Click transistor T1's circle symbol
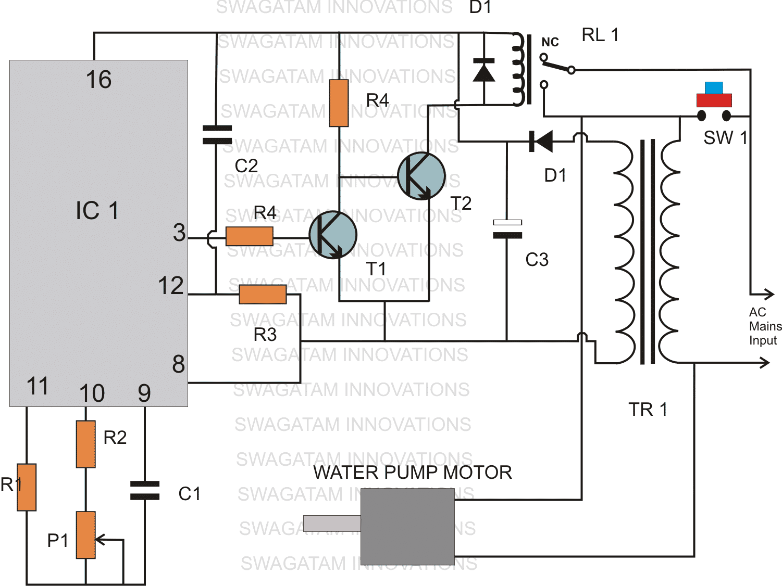(x=332, y=235)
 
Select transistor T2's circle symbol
(x=421, y=176)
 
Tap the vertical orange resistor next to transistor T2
(x=339, y=103)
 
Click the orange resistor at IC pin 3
(x=249, y=236)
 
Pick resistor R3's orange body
(x=263, y=294)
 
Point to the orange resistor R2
(x=85, y=444)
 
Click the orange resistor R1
(x=27, y=487)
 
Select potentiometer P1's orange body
(x=85, y=535)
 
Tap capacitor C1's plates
(x=145, y=490)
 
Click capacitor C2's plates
(x=217, y=134)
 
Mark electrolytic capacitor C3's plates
(x=507, y=229)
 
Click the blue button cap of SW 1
(x=714, y=87)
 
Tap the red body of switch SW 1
(x=714, y=100)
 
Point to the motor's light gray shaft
(x=331, y=523)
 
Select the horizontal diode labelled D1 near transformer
(x=541, y=141)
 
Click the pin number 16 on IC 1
(x=98, y=80)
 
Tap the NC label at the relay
(x=550, y=42)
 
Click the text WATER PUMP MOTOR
(x=412, y=472)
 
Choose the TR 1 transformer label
(x=648, y=410)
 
